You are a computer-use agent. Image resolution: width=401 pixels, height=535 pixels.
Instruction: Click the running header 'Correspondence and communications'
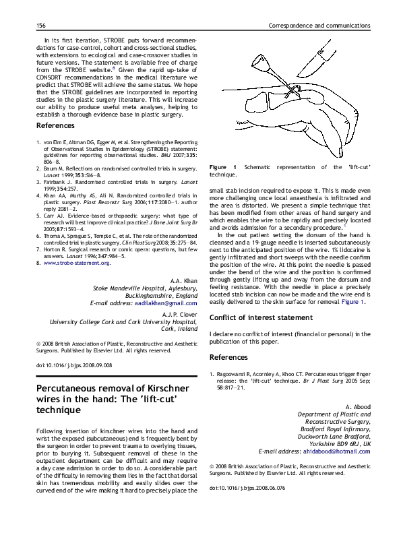[x=319, y=25]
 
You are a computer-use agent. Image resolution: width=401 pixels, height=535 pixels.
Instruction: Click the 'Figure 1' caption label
[x=223, y=166]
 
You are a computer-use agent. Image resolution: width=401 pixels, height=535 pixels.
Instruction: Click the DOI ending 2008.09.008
[x=73, y=365]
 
